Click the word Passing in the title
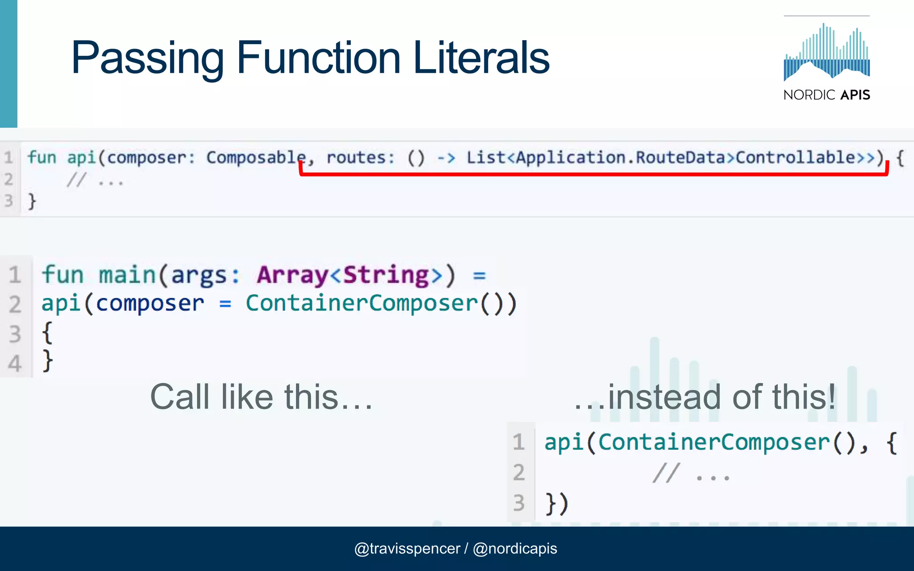tap(147, 58)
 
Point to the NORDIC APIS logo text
tap(827, 95)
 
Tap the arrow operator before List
tap(446, 157)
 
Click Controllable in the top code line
tap(794, 157)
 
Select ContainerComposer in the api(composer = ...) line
tap(362, 303)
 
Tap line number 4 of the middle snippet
tap(15, 363)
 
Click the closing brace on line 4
tap(47, 361)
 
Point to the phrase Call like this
tap(261, 397)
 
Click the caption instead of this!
tap(705, 397)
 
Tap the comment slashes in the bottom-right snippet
tap(666, 473)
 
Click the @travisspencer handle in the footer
tap(407, 548)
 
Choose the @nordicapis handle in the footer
tap(515, 548)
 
